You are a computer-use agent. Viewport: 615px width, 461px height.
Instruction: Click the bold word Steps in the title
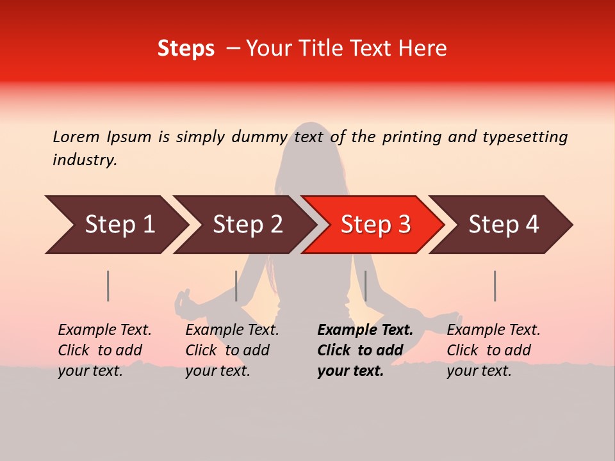coord(186,49)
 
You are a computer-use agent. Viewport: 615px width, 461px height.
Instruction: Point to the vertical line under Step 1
coord(108,286)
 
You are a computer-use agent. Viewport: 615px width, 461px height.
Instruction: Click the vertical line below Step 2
coord(236,286)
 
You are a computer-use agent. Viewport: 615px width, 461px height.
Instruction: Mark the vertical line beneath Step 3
coord(365,286)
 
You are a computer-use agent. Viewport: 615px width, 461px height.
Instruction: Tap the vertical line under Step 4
coord(495,286)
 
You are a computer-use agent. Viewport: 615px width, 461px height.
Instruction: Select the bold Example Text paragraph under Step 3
coord(365,350)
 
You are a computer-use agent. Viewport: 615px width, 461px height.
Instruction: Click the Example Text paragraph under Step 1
coord(104,350)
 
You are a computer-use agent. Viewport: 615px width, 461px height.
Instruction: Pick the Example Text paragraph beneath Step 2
coord(232,350)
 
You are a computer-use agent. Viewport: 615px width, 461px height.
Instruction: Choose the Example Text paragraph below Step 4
coord(493,350)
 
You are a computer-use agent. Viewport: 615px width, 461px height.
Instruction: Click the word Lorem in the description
coord(76,136)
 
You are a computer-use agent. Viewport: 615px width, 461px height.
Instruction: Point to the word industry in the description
coord(85,160)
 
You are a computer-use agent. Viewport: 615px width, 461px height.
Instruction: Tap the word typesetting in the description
coord(525,136)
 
